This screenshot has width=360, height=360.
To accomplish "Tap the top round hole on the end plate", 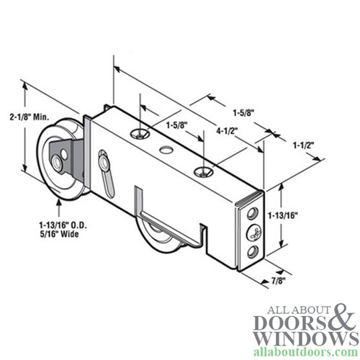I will coord(251,215).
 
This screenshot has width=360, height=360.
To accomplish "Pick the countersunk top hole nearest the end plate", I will coord(205,171).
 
